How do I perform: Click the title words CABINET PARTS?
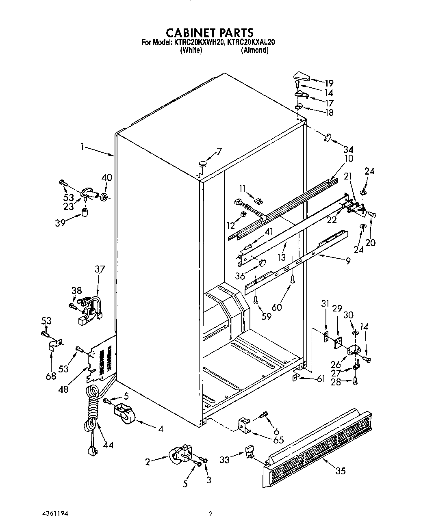(210, 32)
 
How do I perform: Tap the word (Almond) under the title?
(254, 50)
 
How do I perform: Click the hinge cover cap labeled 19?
(301, 76)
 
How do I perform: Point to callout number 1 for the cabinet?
(82, 147)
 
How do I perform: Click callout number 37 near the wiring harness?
(100, 269)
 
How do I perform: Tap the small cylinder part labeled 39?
(85, 212)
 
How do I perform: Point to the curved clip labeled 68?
(53, 346)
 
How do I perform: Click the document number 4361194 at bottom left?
(56, 514)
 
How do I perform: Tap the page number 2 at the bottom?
(210, 514)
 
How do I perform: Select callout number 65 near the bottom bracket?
(278, 440)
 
